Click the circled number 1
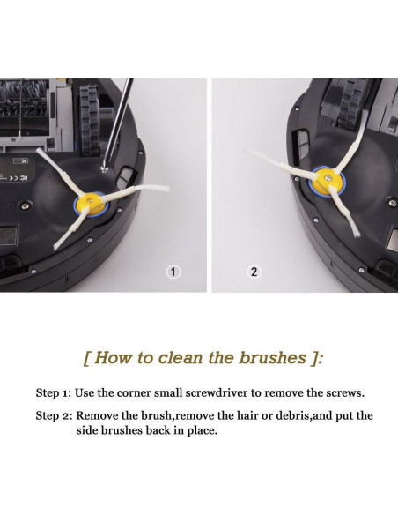173,272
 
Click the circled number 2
254,272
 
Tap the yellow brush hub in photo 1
91,204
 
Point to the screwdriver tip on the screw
105,168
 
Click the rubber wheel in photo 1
90,120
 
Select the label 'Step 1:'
54,393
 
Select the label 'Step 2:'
54,416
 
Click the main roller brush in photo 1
24,99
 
